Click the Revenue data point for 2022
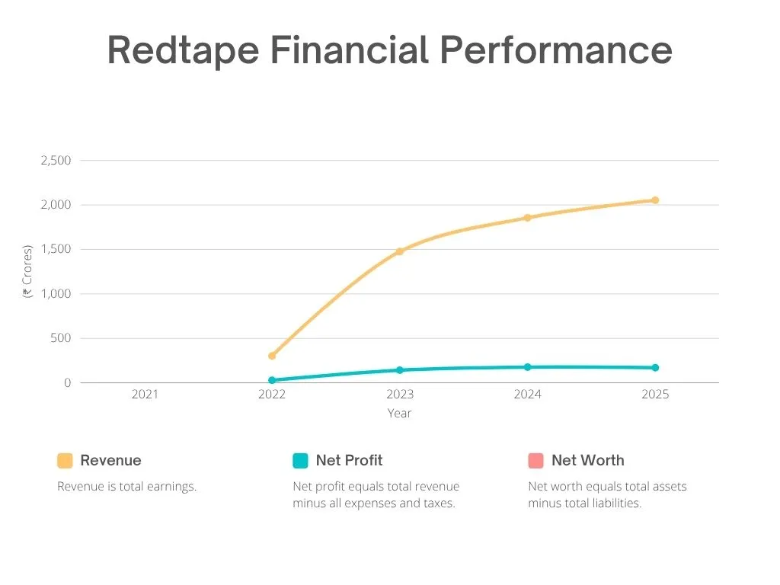click(272, 356)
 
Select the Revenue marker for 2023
click(399, 251)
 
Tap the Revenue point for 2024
click(527, 218)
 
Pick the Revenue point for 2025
click(655, 200)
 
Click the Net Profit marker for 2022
click(272, 380)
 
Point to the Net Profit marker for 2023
click(399, 370)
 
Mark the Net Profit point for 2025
click(655, 368)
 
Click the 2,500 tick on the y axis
click(56, 161)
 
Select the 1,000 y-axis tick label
click(56, 294)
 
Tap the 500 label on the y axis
click(60, 338)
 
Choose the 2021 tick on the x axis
click(145, 395)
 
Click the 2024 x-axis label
click(527, 395)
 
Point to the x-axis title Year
click(399, 414)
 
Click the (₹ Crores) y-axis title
click(28, 271)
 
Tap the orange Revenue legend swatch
click(65, 461)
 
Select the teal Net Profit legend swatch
click(300, 461)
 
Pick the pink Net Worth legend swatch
click(535, 461)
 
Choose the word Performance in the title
click(555, 51)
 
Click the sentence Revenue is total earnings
click(127, 487)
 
